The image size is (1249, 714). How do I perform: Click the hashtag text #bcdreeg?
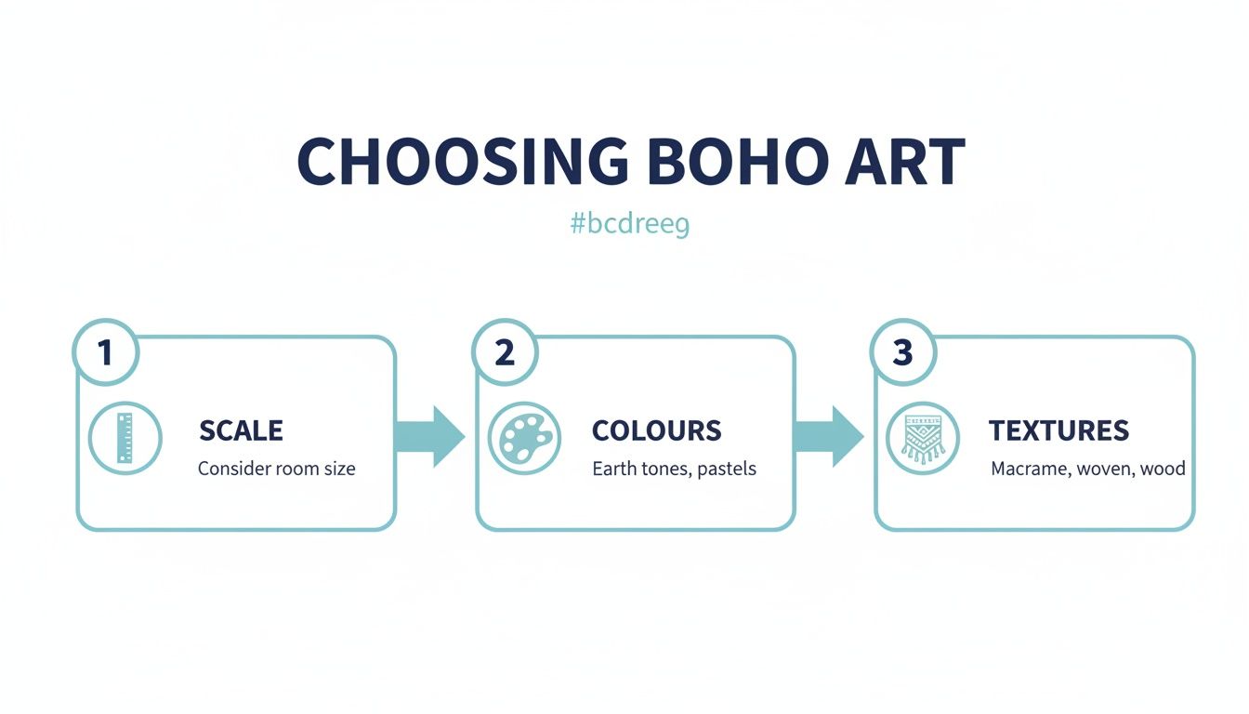(x=629, y=224)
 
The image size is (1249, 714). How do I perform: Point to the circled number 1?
(x=105, y=352)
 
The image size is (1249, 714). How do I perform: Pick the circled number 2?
(x=505, y=352)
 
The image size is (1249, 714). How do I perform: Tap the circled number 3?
(x=902, y=352)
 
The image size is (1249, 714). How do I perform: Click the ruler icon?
(x=125, y=438)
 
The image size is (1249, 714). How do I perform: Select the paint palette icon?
(x=524, y=438)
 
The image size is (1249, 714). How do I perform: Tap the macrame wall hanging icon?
(x=923, y=438)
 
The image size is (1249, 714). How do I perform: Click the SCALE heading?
(x=241, y=430)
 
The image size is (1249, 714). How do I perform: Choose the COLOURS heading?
(x=656, y=430)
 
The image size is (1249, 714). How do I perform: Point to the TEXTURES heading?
(x=1058, y=430)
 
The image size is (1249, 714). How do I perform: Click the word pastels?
(x=723, y=469)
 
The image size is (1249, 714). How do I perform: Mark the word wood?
(x=1164, y=469)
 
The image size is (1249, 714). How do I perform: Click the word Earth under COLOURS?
(x=614, y=469)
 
